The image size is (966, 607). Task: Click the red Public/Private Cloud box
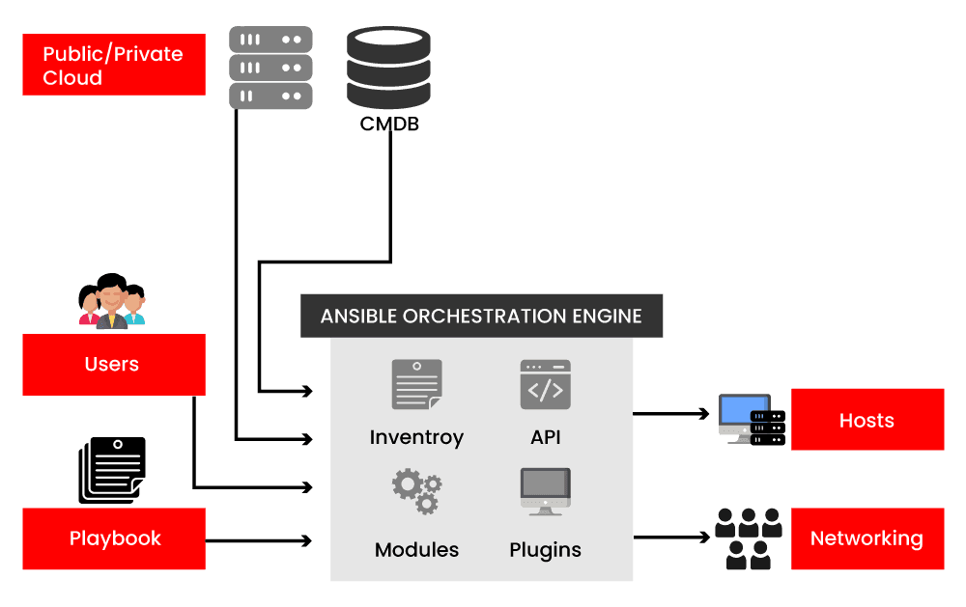114,65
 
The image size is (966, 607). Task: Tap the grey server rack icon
270,68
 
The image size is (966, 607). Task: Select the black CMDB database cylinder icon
388,68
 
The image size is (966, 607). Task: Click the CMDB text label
389,124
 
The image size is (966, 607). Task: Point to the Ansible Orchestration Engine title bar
481,316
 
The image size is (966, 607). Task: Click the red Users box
114,364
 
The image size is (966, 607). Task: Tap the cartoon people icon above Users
111,302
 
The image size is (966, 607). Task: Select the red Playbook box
114,538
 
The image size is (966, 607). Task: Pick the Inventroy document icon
416,384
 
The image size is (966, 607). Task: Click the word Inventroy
416,437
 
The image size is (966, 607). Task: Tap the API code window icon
545,384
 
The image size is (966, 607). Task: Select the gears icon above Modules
416,491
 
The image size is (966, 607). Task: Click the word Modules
416,550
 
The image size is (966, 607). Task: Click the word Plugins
545,550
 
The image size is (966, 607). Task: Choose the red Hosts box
867,420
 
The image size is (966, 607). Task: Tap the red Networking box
867,538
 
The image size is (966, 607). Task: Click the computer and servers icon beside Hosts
752,420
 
